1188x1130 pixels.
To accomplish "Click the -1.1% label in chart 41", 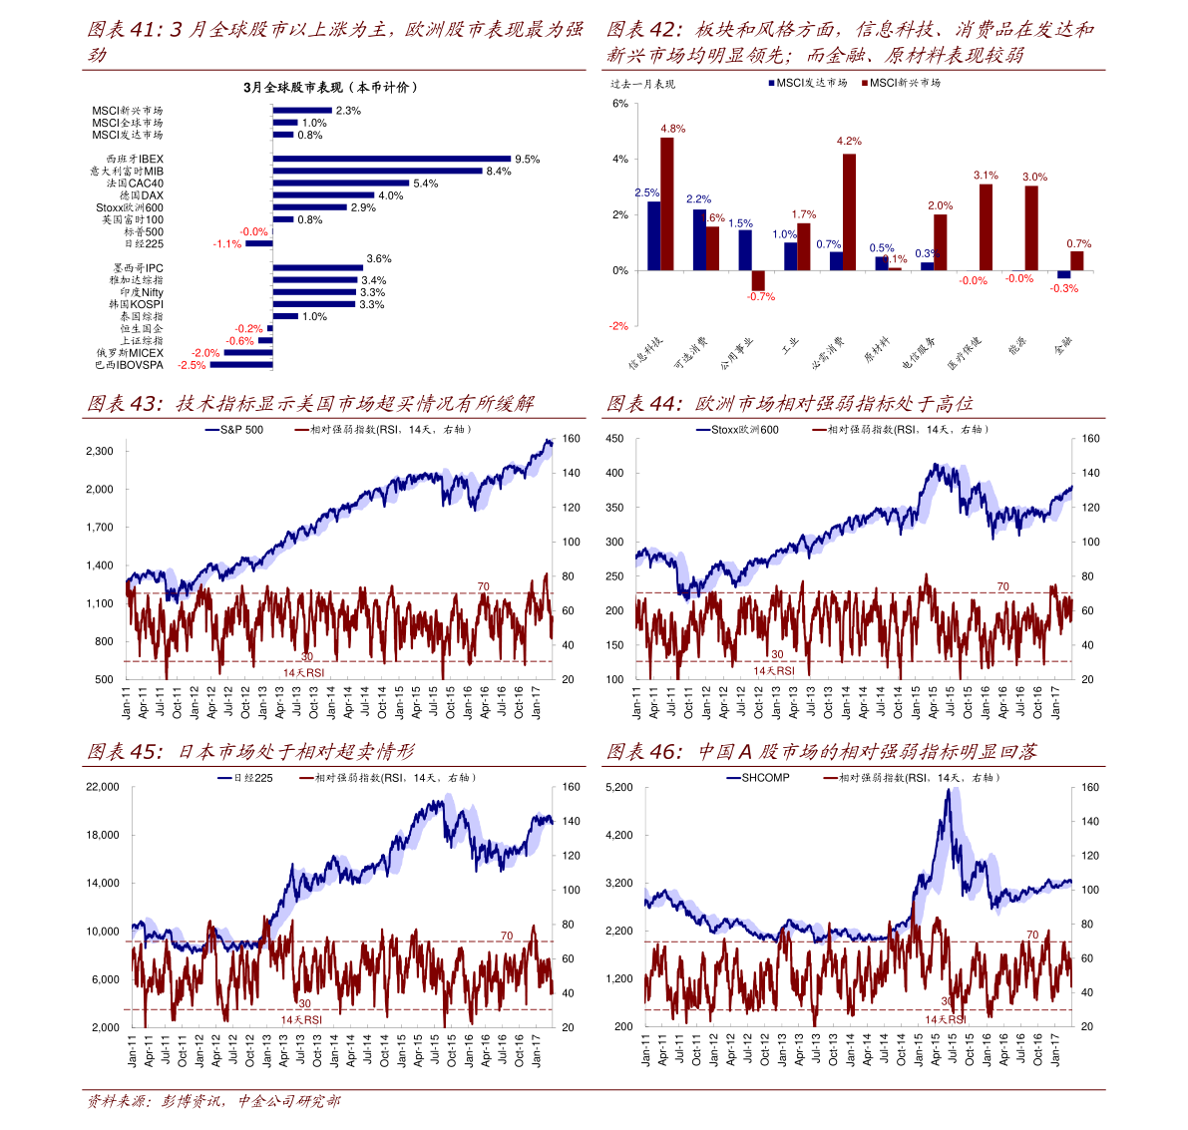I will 227,244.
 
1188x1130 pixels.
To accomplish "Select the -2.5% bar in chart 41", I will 239,365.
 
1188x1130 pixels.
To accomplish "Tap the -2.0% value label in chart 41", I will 205,353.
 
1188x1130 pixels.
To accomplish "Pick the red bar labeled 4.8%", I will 667,202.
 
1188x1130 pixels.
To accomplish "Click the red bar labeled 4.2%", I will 849,211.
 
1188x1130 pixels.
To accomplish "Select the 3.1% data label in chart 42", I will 986,176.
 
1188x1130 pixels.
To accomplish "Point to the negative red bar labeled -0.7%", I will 758,280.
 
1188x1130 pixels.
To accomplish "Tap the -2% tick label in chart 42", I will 619,326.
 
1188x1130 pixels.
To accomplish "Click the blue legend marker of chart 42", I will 771,84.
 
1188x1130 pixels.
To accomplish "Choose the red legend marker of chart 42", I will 864,84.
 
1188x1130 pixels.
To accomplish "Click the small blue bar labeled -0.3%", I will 1063,274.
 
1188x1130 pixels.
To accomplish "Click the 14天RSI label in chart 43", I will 303,673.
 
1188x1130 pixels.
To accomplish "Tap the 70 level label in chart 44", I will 1002,586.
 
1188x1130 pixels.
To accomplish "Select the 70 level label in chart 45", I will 506,937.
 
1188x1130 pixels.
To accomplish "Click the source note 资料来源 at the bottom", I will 118,1102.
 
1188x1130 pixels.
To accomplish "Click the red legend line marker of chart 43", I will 301,430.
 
